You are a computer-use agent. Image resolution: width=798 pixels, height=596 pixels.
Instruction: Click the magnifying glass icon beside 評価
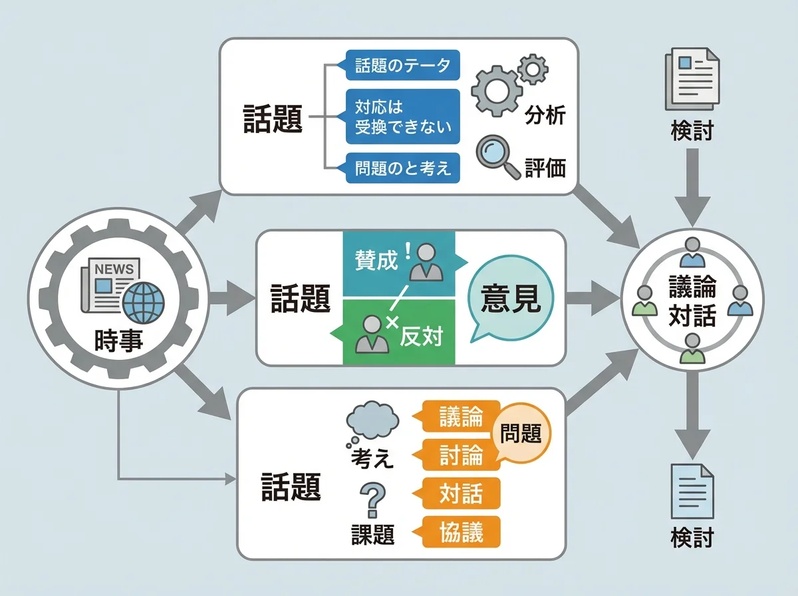(496, 156)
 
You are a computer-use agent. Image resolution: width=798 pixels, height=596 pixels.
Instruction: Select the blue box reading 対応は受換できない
(403, 116)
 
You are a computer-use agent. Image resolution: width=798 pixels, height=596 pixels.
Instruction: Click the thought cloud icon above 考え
(372, 422)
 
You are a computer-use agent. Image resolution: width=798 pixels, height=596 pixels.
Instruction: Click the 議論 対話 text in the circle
(692, 301)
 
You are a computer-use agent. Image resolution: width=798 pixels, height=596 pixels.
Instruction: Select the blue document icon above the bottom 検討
(692, 490)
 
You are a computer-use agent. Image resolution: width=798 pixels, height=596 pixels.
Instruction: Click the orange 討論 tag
(460, 455)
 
